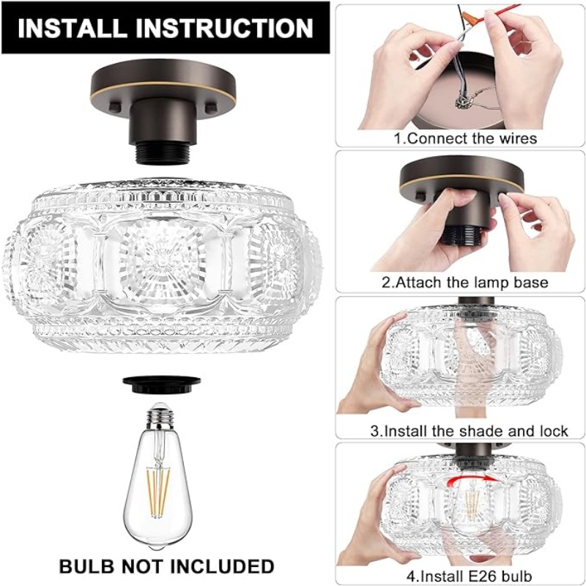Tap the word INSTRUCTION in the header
tap(224, 28)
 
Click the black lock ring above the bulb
tap(161, 385)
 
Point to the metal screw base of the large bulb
tap(160, 415)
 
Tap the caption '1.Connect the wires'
tap(465, 138)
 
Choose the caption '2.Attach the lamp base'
tap(465, 282)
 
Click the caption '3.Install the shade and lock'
tap(469, 431)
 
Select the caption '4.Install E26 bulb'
tap(469, 576)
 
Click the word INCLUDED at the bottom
tap(223, 566)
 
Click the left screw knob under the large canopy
tap(114, 107)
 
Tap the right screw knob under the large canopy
tap(212, 106)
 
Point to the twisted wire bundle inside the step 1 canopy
tap(464, 101)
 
